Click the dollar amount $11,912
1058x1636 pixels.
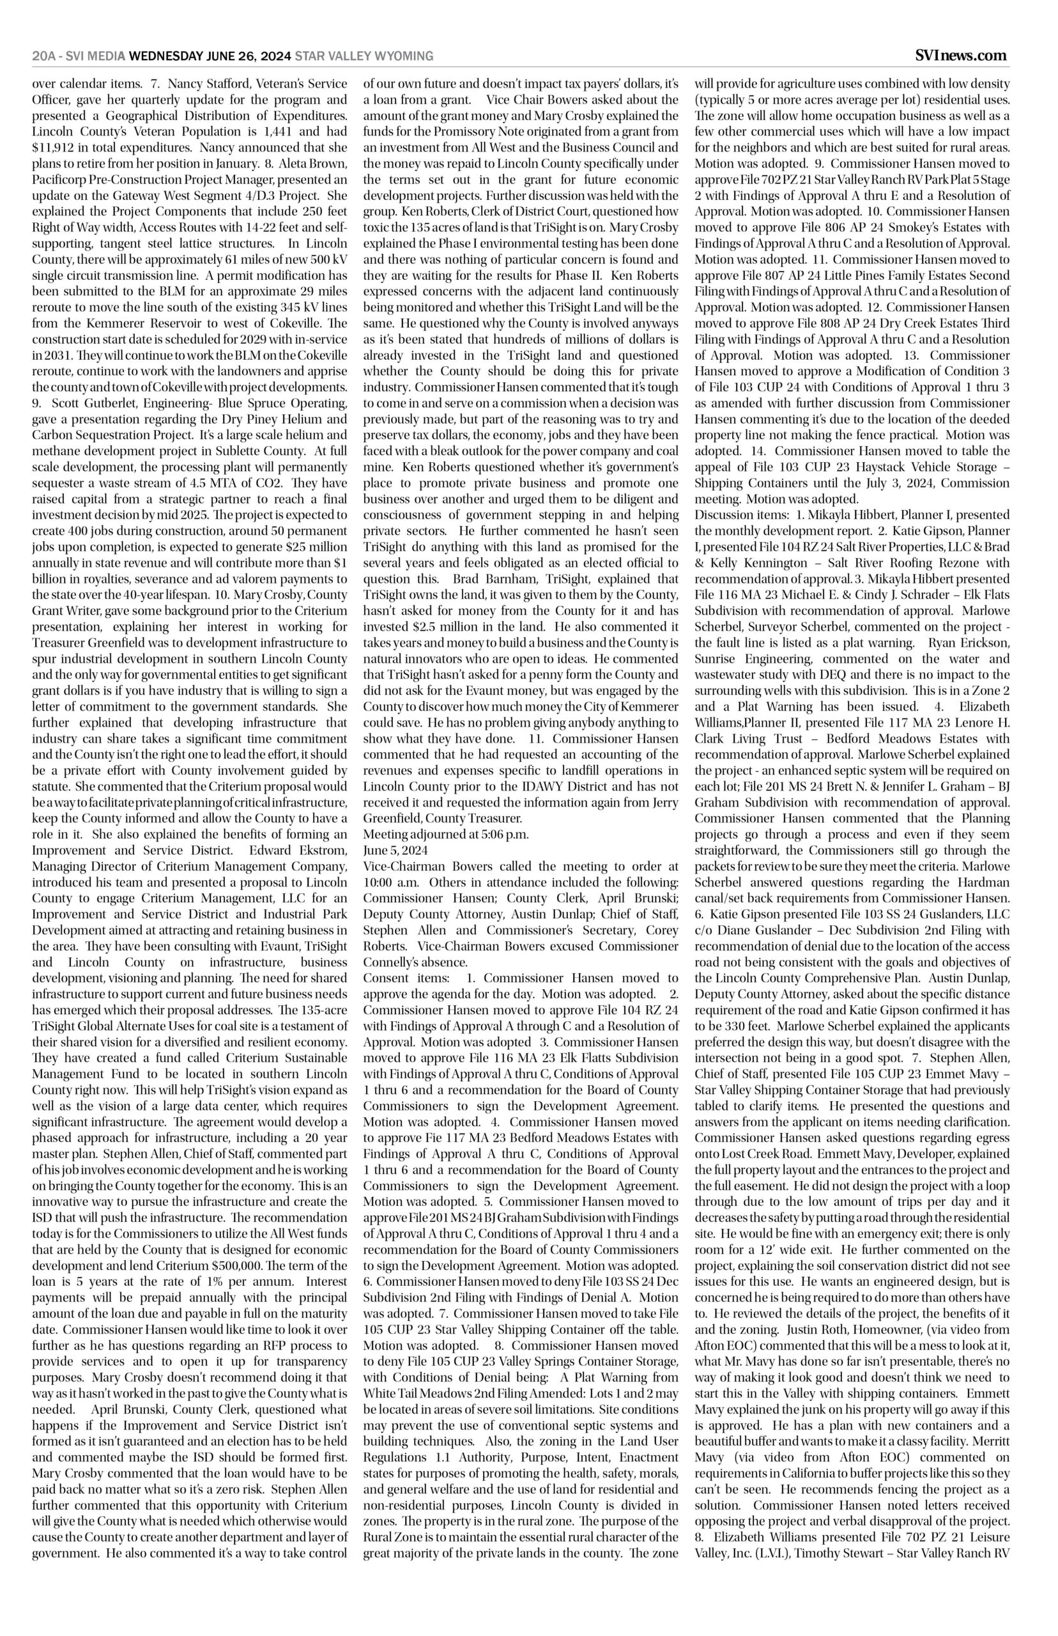pyautogui.click(x=54, y=146)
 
